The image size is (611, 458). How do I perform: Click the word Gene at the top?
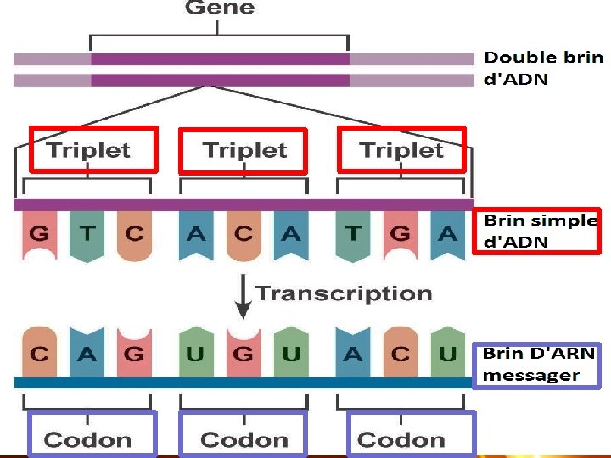pos(219,8)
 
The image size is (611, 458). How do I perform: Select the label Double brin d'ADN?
pos(543,69)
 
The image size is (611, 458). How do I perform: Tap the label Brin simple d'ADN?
pos(540,231)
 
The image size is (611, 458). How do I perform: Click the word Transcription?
pos(344,293)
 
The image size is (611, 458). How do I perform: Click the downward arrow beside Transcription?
pos(244,295)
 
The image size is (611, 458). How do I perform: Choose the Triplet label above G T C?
pos(89,151)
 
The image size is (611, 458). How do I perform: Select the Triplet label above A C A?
pos(244,151)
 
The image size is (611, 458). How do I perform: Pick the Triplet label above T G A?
pos(401,151)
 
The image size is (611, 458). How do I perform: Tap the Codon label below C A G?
pos(88,439)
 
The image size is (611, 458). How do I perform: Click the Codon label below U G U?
pos(244,439)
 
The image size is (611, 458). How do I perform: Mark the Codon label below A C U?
pos(401,439)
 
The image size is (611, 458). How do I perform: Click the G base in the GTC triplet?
pos(39,234)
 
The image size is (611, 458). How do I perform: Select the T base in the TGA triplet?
pos(352,234)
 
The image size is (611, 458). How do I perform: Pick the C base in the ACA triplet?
pos(244,234)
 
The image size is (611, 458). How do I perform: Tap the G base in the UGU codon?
pos(244,354)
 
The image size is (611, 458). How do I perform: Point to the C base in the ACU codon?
pos(400,354)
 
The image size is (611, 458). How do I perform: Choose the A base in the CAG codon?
pos(87,354)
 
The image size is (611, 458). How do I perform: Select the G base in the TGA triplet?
pos(400,234)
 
